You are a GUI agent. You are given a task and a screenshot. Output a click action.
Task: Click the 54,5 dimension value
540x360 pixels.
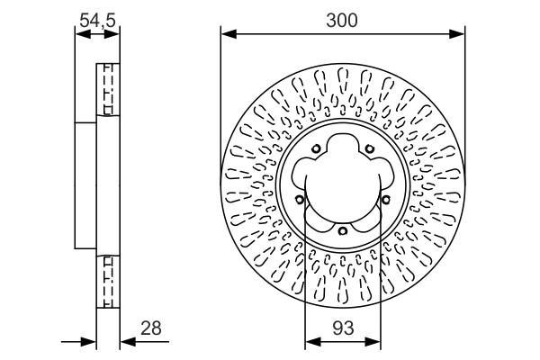click(x=97, y=16)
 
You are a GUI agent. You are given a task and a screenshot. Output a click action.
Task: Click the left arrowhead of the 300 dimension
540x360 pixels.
click(x=227, y=35)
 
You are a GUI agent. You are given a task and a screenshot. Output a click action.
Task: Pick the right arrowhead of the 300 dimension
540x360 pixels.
click(x=459, y=35)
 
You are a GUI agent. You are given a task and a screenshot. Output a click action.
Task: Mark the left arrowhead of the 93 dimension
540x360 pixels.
click(x=310, y=341)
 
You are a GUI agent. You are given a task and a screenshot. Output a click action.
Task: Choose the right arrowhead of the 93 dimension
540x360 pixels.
click(x=375, y=341)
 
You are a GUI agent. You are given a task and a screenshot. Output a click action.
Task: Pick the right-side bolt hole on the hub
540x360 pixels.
click(x=384, y=199)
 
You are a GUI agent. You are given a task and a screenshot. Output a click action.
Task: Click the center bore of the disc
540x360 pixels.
click(x=343, y=191)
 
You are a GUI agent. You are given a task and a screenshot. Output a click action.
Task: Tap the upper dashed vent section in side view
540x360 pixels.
click(x=107, y=89)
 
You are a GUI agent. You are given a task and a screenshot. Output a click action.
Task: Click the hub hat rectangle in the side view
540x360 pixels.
click(x=85, y=184)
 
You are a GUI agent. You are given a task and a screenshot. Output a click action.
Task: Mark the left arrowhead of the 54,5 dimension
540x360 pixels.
click(x=80, y=35)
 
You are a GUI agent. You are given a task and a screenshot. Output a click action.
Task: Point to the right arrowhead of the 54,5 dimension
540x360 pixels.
click(x=114, y=35)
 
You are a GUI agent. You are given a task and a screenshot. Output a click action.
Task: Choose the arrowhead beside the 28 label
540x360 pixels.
click(x=126, y=341)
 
